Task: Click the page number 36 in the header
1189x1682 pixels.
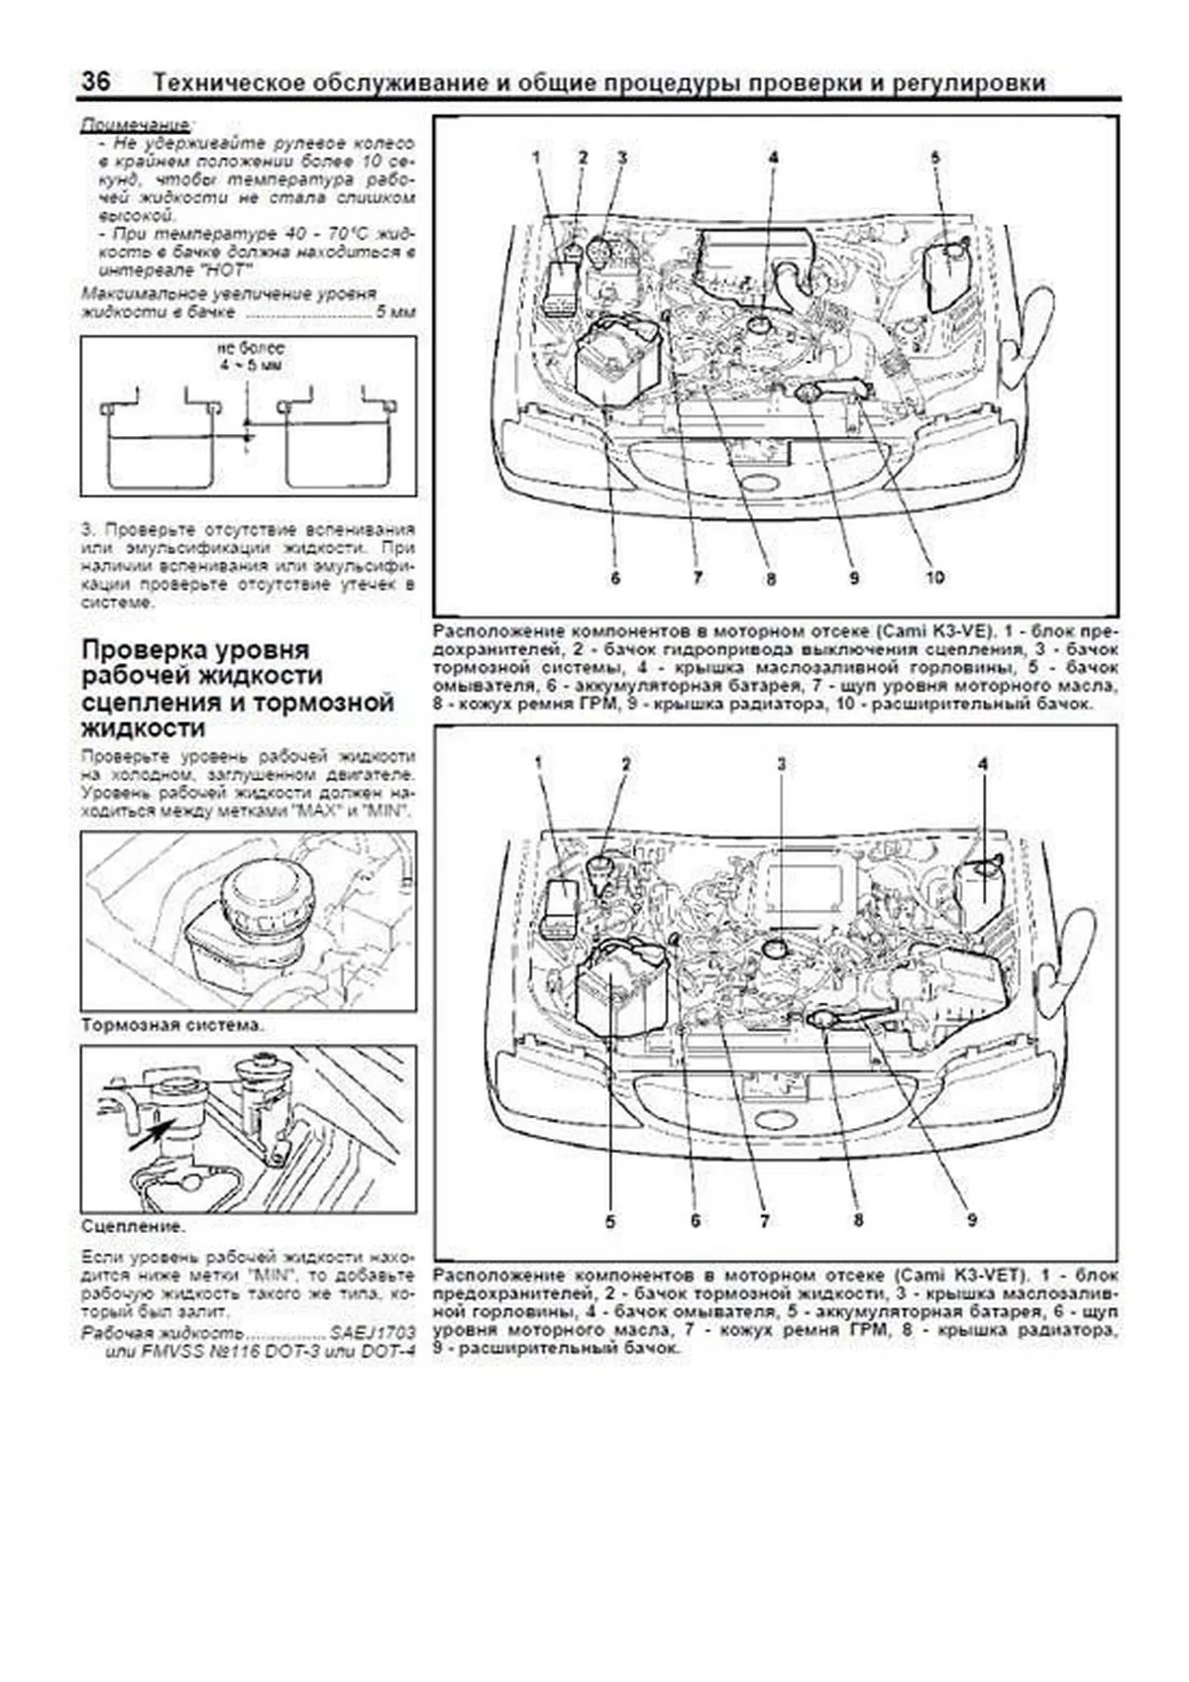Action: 96,81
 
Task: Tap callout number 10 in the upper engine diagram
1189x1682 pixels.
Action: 934,577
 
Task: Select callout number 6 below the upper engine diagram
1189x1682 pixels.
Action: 615,577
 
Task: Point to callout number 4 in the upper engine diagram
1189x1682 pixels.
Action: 772,157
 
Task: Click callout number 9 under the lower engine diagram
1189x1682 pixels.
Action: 972,1219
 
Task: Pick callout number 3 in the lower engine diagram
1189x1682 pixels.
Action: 781,763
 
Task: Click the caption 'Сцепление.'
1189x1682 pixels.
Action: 133,1226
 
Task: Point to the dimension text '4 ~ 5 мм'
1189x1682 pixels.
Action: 250,365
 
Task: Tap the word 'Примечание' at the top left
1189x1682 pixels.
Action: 136,126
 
